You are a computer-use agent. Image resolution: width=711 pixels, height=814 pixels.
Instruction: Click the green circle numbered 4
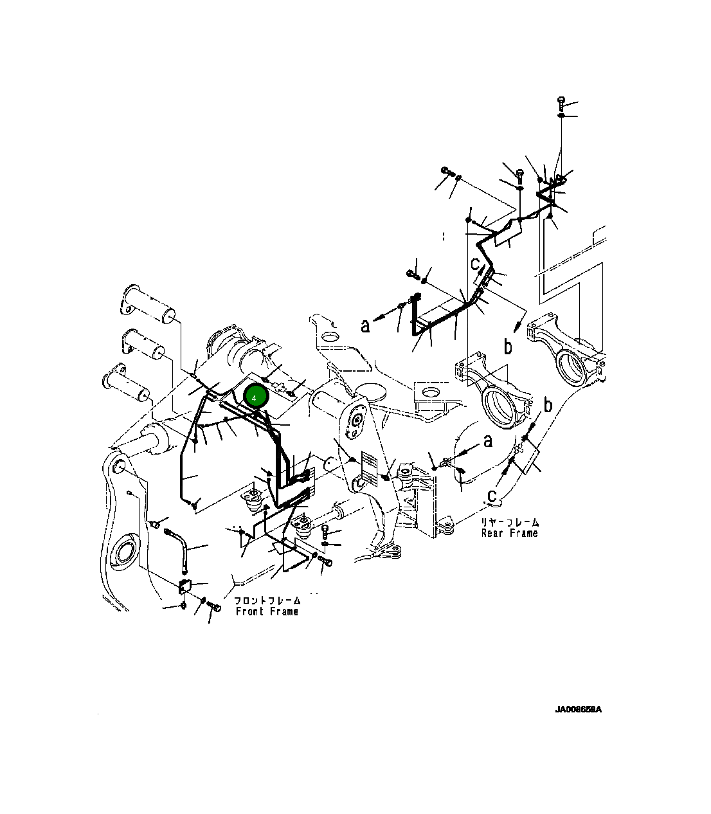(x=255, y=398)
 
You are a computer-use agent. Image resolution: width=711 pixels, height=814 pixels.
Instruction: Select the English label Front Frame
(x=267, y=611)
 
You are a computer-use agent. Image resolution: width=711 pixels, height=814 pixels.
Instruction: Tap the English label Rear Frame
(x=509, y=533)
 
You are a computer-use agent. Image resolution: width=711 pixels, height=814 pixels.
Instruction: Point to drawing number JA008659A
(x=578, y=710)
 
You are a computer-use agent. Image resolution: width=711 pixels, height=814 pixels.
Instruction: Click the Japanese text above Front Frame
(x=267, y=600)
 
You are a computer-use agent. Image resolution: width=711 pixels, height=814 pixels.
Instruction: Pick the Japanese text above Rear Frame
(x=510, y=522)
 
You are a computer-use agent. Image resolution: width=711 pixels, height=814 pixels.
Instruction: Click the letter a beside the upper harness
(x=365, y=326)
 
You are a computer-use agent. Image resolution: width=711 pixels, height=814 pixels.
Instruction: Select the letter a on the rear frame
(x=488, y=440)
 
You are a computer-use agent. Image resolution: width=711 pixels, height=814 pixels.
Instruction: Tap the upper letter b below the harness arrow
(x=508, y=347)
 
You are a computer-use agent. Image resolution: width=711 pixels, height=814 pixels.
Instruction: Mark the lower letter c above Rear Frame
(x=492, y=495)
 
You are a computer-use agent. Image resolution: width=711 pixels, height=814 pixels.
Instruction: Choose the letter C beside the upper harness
(x=475, y=264)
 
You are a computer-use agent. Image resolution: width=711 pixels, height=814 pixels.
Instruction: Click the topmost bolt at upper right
(x=561, y=101)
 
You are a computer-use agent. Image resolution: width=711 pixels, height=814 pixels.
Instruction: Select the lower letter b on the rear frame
(x=548, y=405)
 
